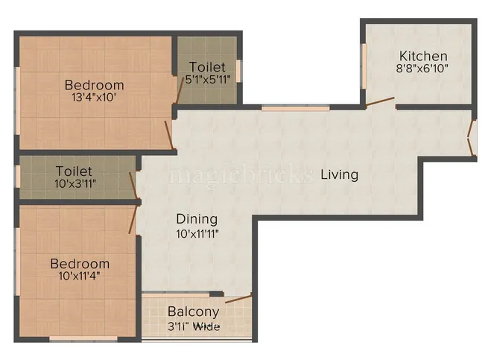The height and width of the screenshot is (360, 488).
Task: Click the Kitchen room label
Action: tap(423, 56)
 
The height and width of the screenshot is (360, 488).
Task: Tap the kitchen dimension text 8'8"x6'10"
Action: tap(423, 69)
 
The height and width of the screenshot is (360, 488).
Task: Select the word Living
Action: tap(340, 174)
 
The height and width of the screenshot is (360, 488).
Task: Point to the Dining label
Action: tap(197, 219)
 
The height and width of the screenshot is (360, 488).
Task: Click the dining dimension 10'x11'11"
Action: tap(197, 233)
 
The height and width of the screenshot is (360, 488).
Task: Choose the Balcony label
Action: tap(193, 312)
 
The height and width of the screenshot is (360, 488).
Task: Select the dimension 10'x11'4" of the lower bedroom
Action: tap(80, 277)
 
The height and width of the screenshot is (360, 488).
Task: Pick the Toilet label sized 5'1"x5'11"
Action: tap(207, 67)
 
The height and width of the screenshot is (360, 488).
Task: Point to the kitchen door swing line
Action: tap(379, 102)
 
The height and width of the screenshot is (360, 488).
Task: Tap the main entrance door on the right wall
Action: tap(470, 138)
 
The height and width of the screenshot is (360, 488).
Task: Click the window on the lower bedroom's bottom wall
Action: tap(83, 339)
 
